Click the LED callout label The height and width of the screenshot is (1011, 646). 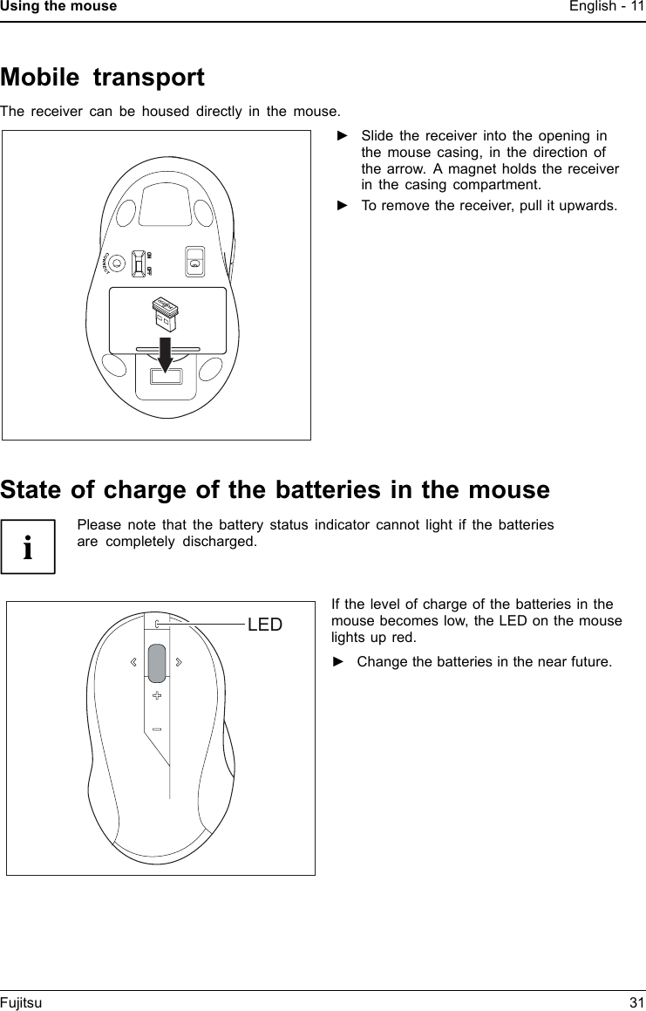pos(265,625)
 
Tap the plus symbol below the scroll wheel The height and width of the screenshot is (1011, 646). pos(156,695)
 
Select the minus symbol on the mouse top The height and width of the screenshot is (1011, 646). pos(156,728)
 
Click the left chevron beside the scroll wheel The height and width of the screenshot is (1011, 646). pos(133,662)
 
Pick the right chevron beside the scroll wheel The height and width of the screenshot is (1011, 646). pos(179,662)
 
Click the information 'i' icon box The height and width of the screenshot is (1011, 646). pos(28,546)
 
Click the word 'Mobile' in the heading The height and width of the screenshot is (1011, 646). pos(40,78)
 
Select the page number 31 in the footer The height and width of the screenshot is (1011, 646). pos(636,1003)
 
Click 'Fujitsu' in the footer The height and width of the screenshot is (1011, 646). pos(21,1003)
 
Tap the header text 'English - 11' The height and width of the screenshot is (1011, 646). pos(607,7)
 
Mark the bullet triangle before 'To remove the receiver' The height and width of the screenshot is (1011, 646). pos(343,206)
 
